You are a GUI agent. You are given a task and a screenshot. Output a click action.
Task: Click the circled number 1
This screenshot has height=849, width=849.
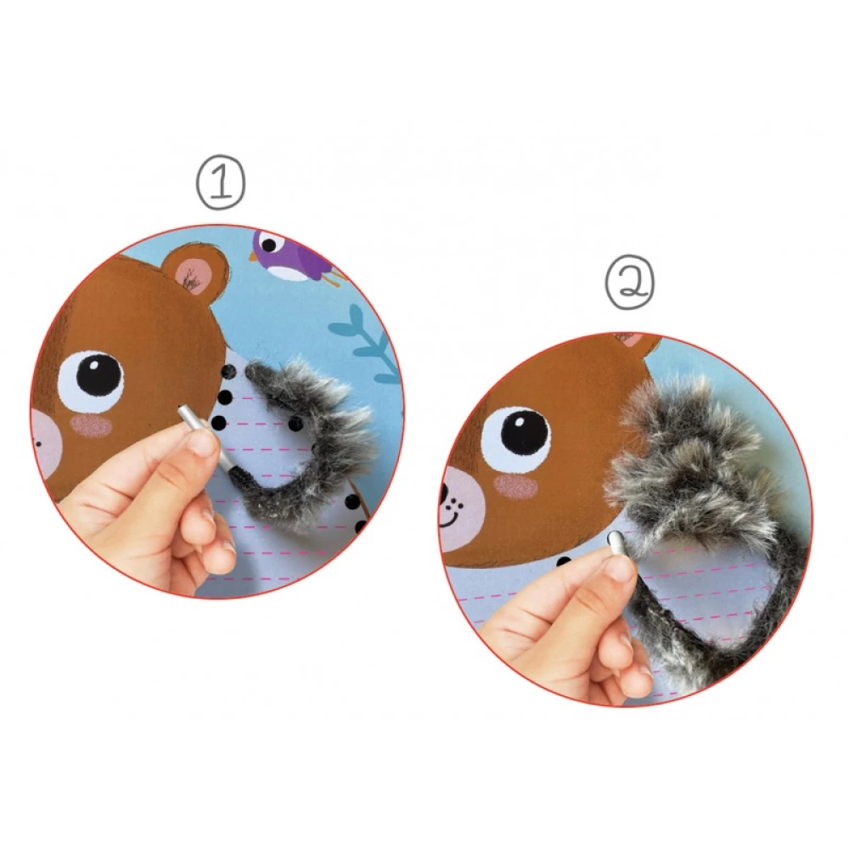(221, 183)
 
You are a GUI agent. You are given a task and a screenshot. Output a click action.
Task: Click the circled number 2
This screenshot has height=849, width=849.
(630, 284)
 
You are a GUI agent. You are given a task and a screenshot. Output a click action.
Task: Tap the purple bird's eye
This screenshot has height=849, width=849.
(269, 245)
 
